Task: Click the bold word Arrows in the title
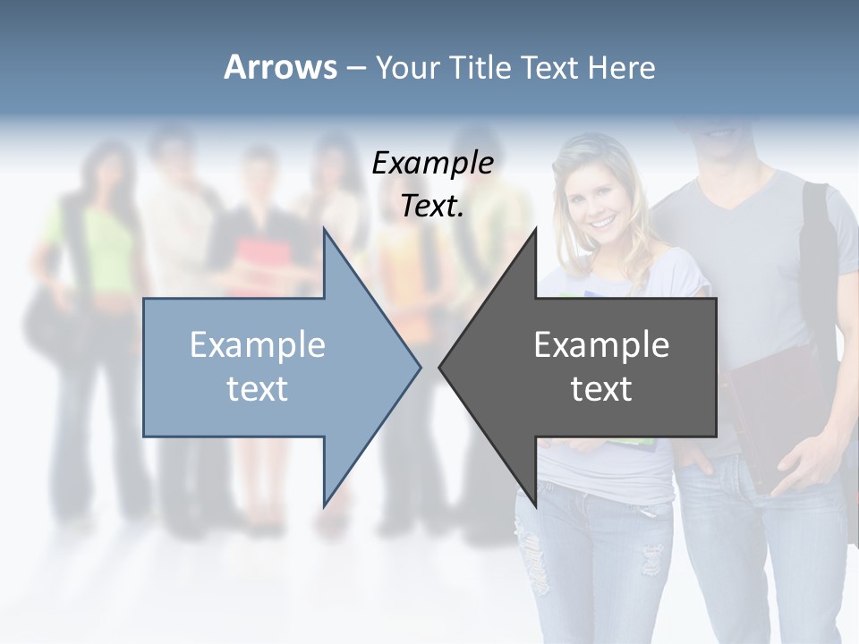pos(280,67)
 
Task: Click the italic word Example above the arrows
pos(432,164)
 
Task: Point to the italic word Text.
pos(432,207)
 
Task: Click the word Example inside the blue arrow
pos(258,345)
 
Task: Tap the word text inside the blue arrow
pos(258,389)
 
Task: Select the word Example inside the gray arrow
pos(601,345)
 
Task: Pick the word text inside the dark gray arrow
pos(601,389)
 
